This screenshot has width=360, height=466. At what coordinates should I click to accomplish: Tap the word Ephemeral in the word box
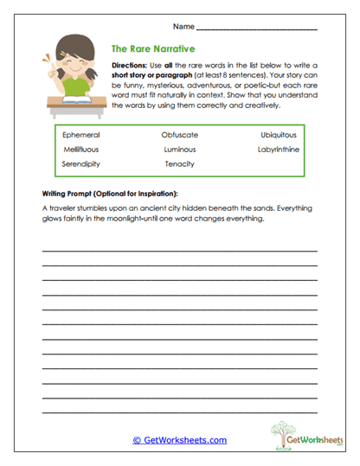(81, 136)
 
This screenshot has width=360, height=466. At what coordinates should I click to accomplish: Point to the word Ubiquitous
(279, 136)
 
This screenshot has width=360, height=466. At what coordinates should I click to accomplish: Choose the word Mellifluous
(81, 150)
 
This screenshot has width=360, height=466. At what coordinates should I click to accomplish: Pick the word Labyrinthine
(278, 150)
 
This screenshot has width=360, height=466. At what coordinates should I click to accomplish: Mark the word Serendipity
(82, 163)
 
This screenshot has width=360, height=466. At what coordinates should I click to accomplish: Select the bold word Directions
(131, 66)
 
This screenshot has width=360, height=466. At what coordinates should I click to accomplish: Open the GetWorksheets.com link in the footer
(180, 440)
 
